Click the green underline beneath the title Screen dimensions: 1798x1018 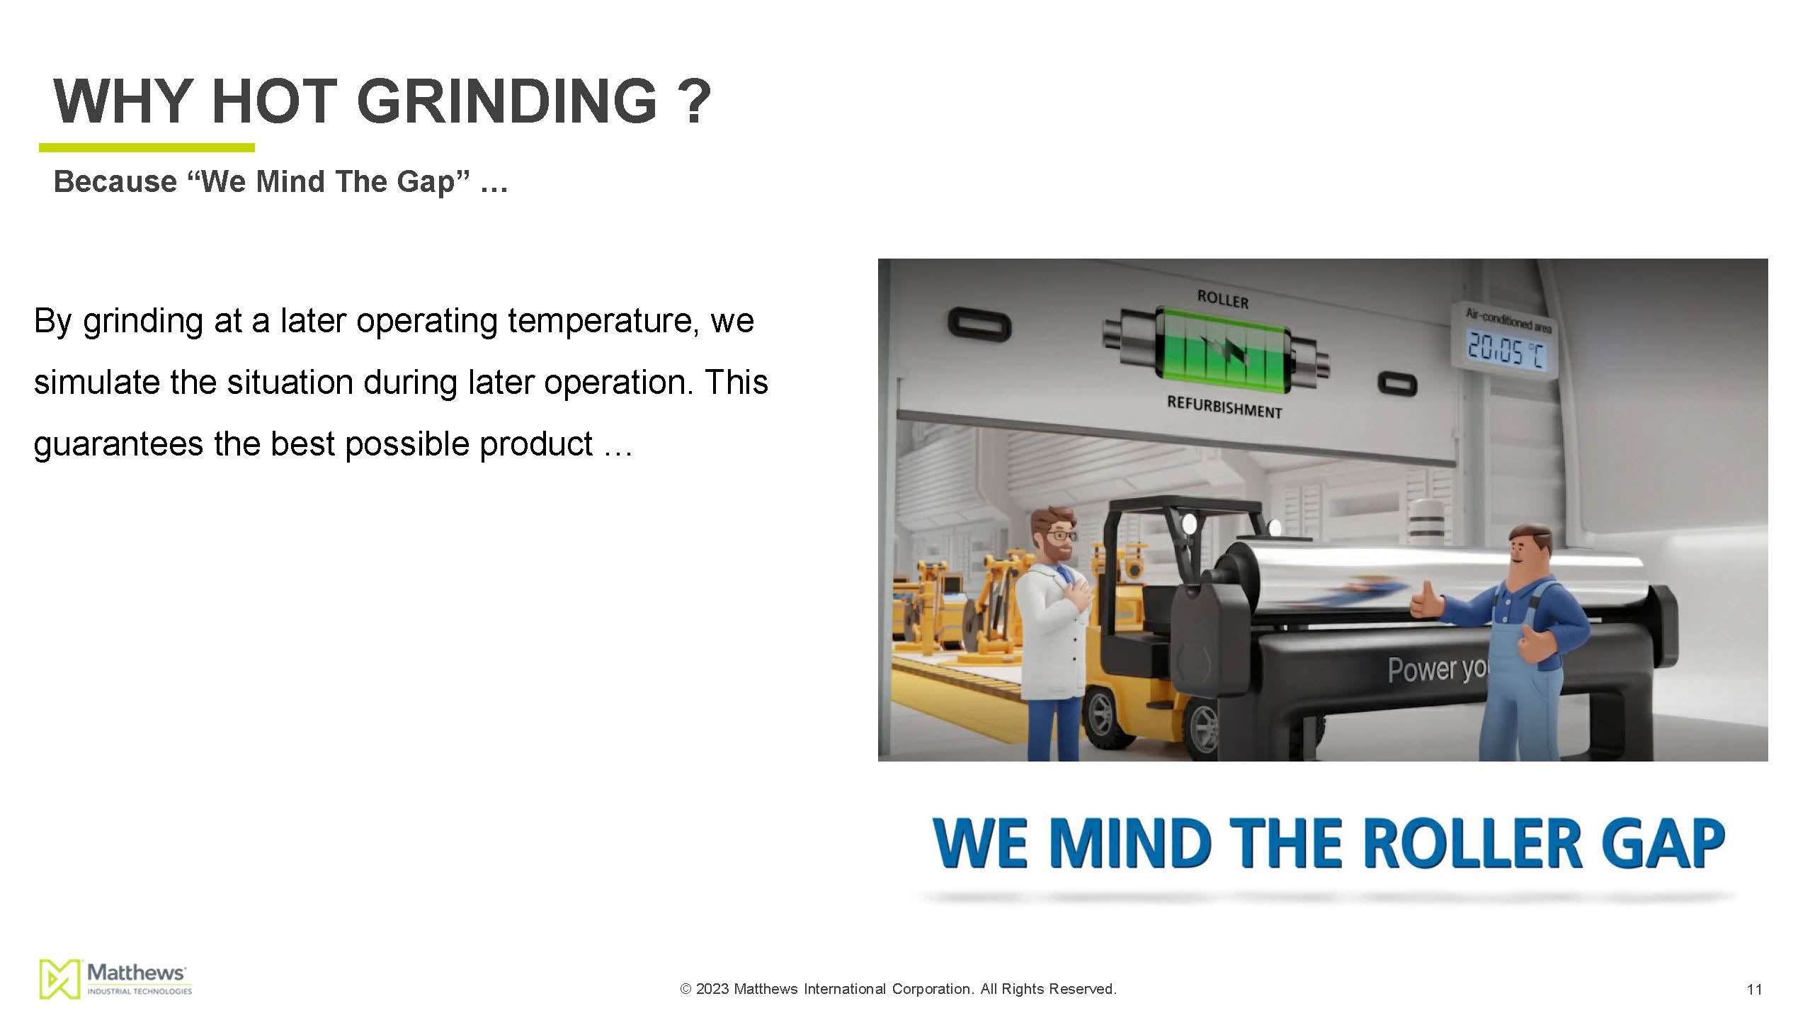coord(147,147)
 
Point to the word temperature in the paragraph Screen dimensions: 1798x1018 coord(603,321)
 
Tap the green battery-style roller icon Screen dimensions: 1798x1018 coord(1216,351)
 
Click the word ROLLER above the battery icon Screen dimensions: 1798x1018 coord(1223,299)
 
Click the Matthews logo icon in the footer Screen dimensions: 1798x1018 coord(59,979)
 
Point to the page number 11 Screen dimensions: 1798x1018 coord(1754,990)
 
